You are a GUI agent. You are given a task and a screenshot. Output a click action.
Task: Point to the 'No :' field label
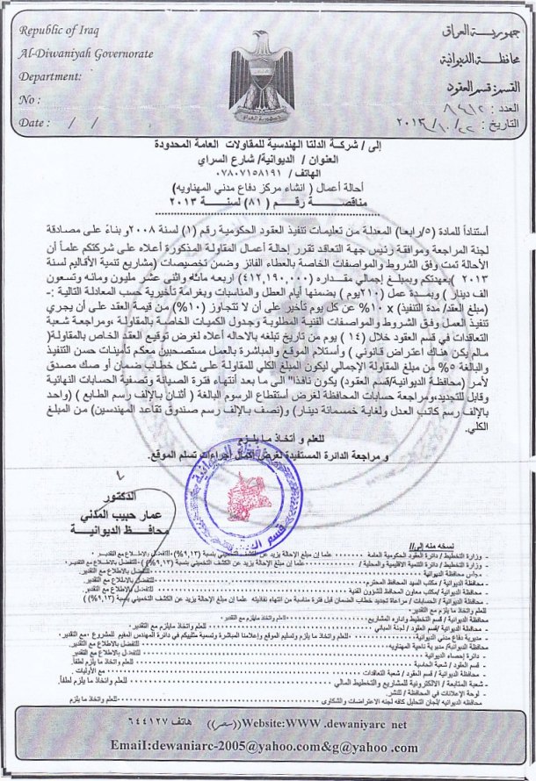click(x=30, y=99)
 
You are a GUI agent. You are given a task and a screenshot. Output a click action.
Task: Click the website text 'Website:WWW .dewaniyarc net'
click(x=320, y=725)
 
